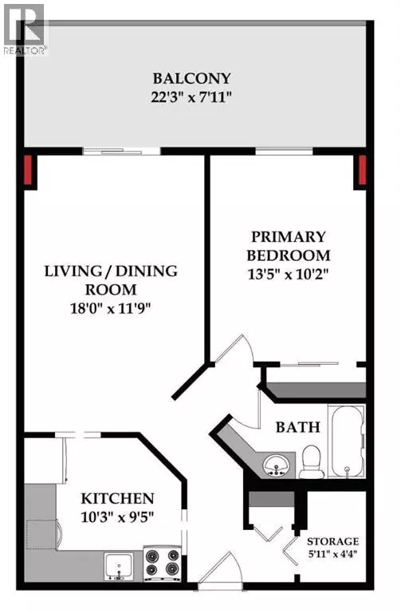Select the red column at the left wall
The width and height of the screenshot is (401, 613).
tap(29, 169)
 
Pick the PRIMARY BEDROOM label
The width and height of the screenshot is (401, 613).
tap(289, 246)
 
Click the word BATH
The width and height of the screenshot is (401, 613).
tap(297, 427)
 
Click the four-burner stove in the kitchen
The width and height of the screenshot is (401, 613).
tap(163, 563)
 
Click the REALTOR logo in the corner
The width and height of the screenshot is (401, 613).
tap(24, 28)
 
